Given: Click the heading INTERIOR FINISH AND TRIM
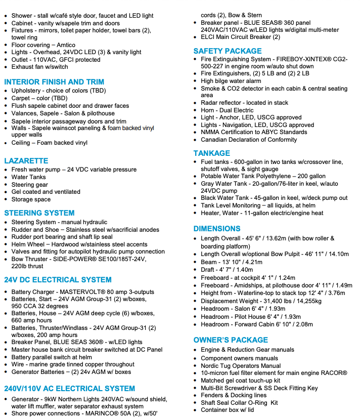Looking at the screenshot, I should click(54, 82).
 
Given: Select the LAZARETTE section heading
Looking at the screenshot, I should click(26, 161).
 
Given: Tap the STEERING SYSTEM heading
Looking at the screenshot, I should click(39, 213).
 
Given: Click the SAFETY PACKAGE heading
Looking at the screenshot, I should click(228, 51).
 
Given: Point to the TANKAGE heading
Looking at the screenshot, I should click(212, 153).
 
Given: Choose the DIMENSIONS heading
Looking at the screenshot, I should click(217, 229).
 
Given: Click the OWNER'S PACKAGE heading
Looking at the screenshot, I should click(231, 340).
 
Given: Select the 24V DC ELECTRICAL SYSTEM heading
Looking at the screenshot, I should click(58, 280).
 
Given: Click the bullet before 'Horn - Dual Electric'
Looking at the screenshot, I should click(196, 110).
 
